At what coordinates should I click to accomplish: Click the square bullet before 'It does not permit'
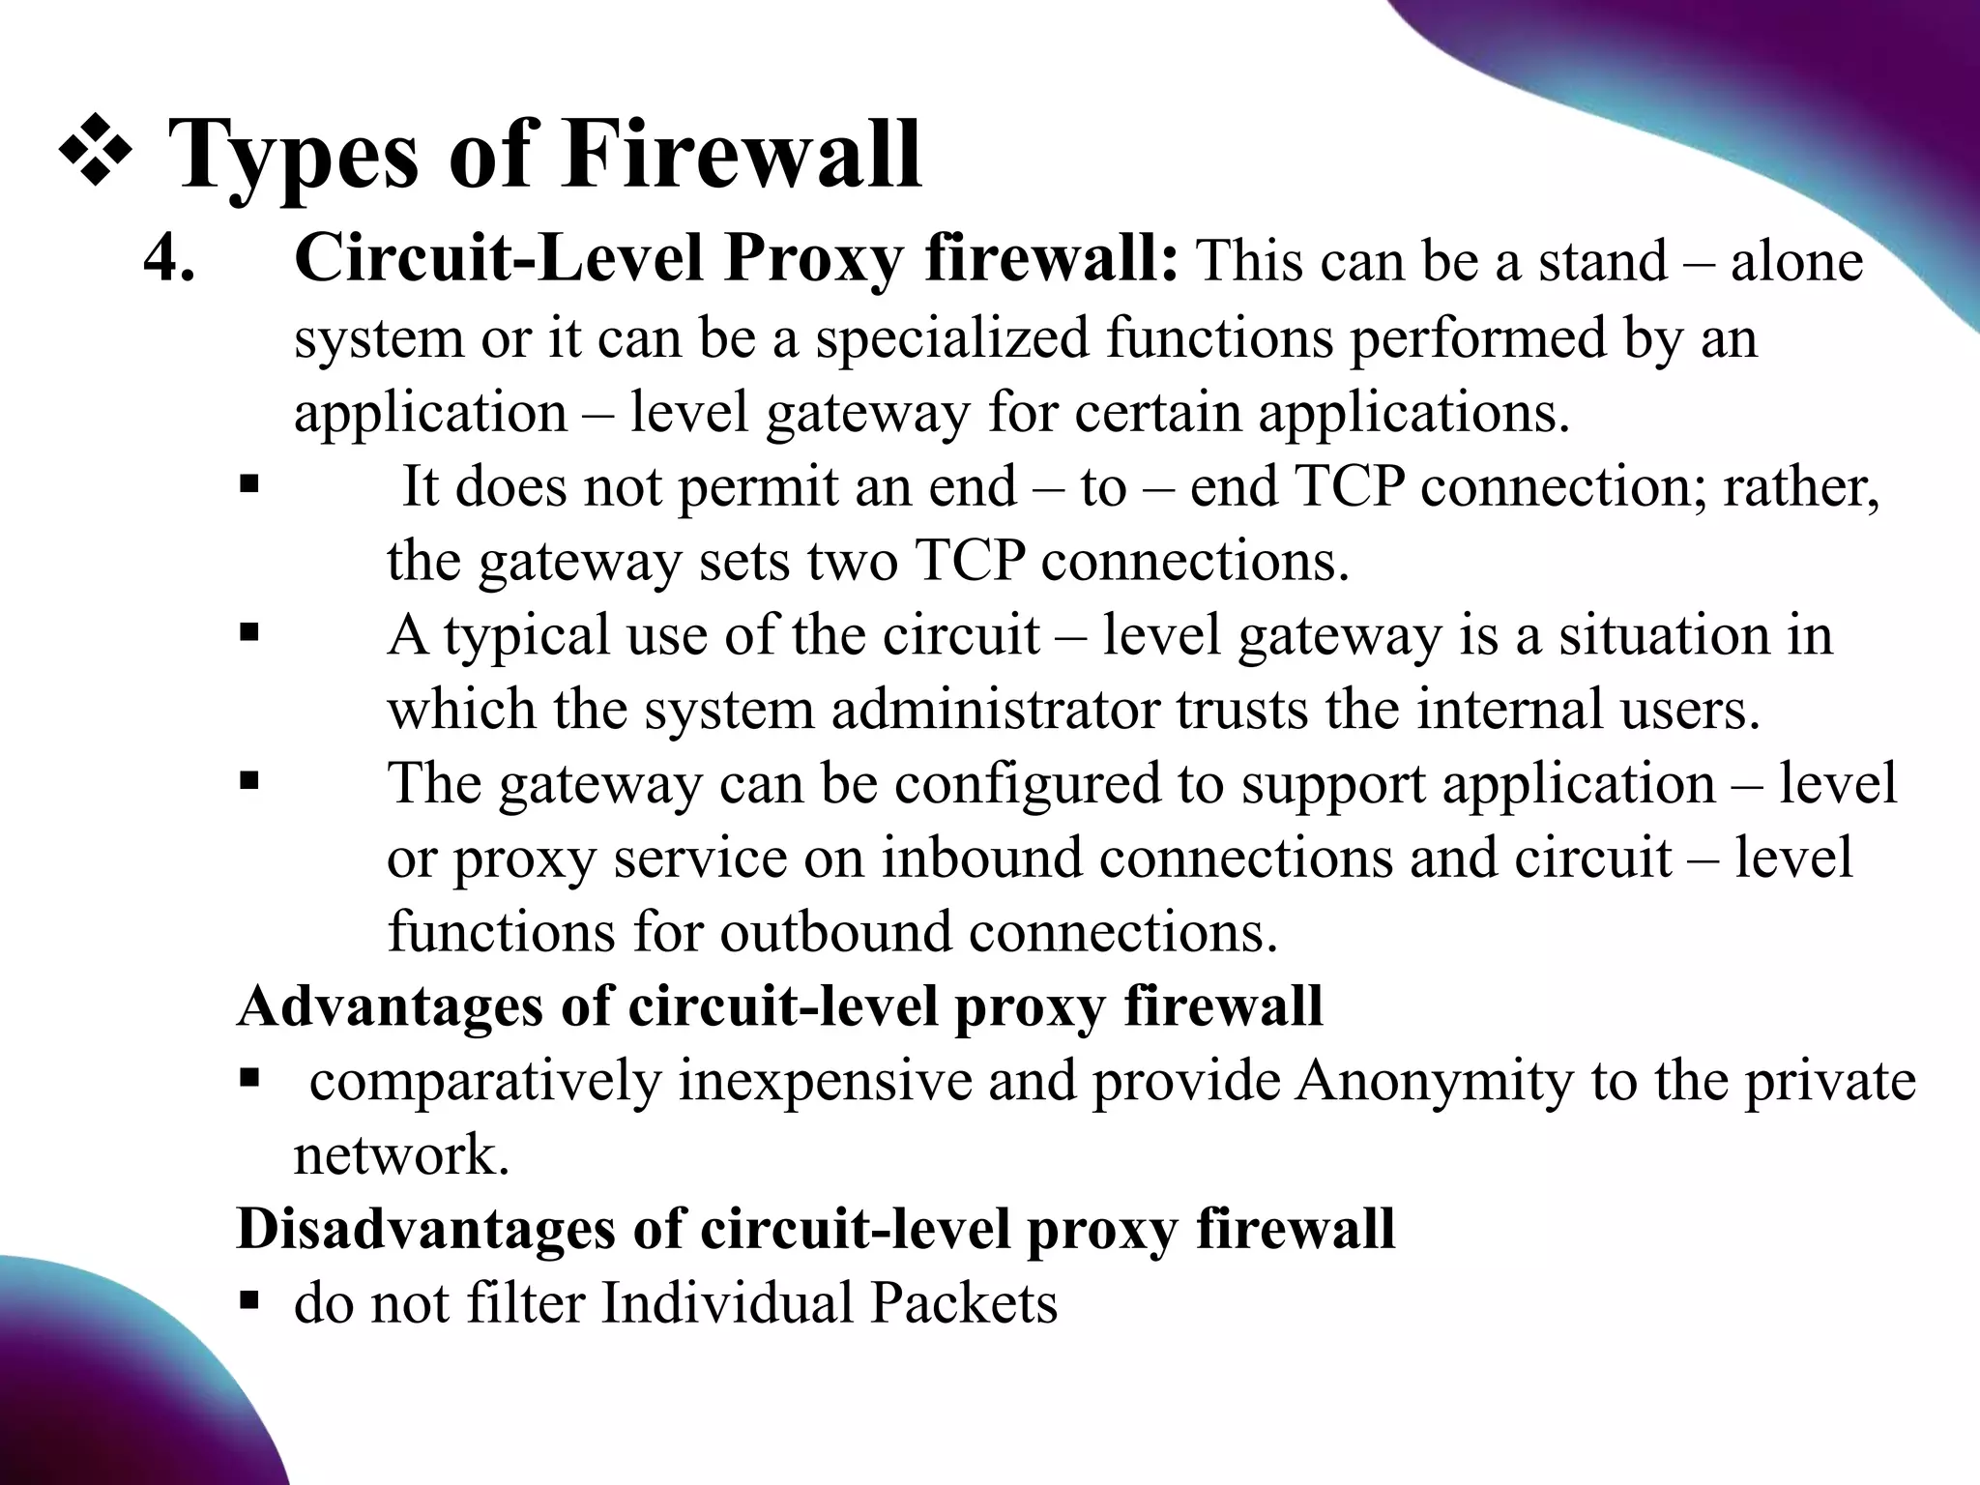point(248,481)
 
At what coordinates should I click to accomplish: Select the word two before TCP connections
point(853,561)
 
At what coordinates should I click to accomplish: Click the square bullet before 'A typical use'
point(248,633)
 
